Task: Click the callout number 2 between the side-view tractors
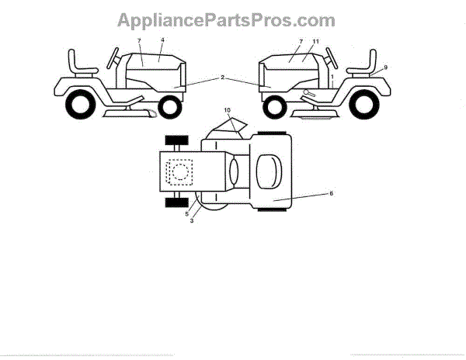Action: pos(222,78)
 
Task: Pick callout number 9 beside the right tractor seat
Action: pos(385,67)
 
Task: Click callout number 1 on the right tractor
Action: pos(332,79)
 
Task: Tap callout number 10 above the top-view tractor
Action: pos(228,112)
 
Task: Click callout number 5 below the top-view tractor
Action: pos(186,215)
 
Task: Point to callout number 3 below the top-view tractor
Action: pos(192,221)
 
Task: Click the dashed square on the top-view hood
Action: pos(182,172)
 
